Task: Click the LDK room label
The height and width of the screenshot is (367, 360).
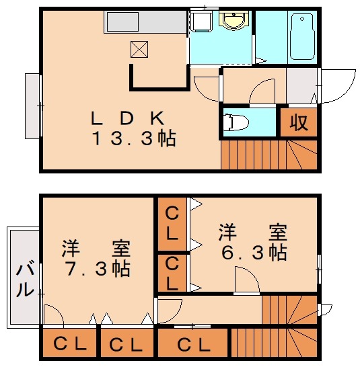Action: click(x=128, y=118)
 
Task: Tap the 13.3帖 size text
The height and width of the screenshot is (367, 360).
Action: click(x=134, y=139)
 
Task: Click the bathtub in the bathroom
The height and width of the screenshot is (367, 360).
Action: click(x=302, y=37)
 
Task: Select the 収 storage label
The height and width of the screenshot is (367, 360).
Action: click(x=299, y=122)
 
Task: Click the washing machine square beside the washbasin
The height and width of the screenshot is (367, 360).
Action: click(x=200, y=22)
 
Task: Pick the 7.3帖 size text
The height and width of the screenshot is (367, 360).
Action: click(x=97, y=268)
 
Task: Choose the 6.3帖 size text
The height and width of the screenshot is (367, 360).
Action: click(x=253, y=253)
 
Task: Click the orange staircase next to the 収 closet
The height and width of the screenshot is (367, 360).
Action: click(x=269, y=154)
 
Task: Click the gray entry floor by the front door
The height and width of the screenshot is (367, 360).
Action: click(x=301, y=85)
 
